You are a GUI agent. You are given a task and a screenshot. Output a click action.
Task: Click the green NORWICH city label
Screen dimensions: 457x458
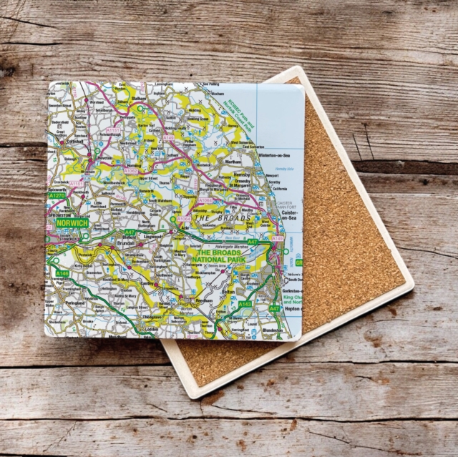[x=71, y=224]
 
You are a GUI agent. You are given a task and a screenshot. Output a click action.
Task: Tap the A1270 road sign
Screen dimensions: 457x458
[x=57, y=195]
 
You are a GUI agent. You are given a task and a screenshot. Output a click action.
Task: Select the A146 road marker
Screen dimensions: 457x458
[x=62, y=273]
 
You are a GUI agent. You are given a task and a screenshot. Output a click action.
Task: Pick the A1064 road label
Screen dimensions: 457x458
[x=184, y=219]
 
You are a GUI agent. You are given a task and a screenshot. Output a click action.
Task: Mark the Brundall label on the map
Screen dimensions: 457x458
[x=104, y=243]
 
